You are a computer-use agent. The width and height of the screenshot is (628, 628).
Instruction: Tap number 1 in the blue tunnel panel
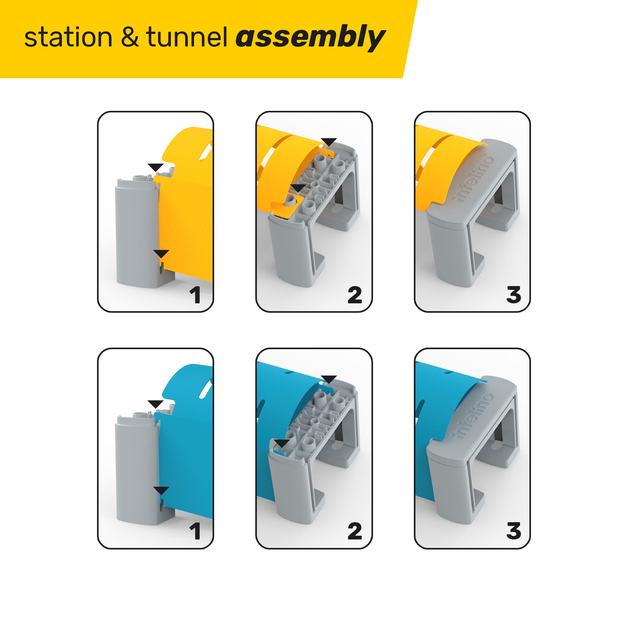(195, 531)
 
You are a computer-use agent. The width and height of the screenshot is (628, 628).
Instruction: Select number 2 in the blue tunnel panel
(354, 531)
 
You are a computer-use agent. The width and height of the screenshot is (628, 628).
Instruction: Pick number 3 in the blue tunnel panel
(513, 531)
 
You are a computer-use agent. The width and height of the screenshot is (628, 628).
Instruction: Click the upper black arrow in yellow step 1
(155, 167)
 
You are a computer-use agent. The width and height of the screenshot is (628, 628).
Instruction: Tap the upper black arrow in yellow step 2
(329, 142)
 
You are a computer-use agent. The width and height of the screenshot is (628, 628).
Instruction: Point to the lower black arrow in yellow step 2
(298, 188)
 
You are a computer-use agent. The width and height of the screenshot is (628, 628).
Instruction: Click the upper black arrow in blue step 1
(155, 404)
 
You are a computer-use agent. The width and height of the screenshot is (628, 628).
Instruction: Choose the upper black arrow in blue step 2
(329, 379)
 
